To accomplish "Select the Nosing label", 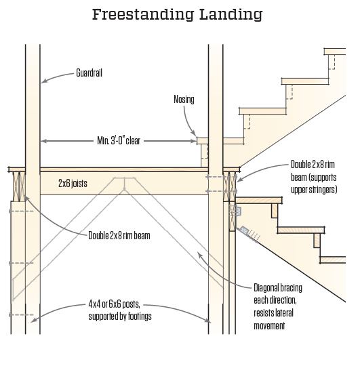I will click(x=183, y=100).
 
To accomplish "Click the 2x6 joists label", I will click(x=72, y=183).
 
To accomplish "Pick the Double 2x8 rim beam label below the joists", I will click(x=119, y=236).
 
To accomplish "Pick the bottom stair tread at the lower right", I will click(x=333, y=260).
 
